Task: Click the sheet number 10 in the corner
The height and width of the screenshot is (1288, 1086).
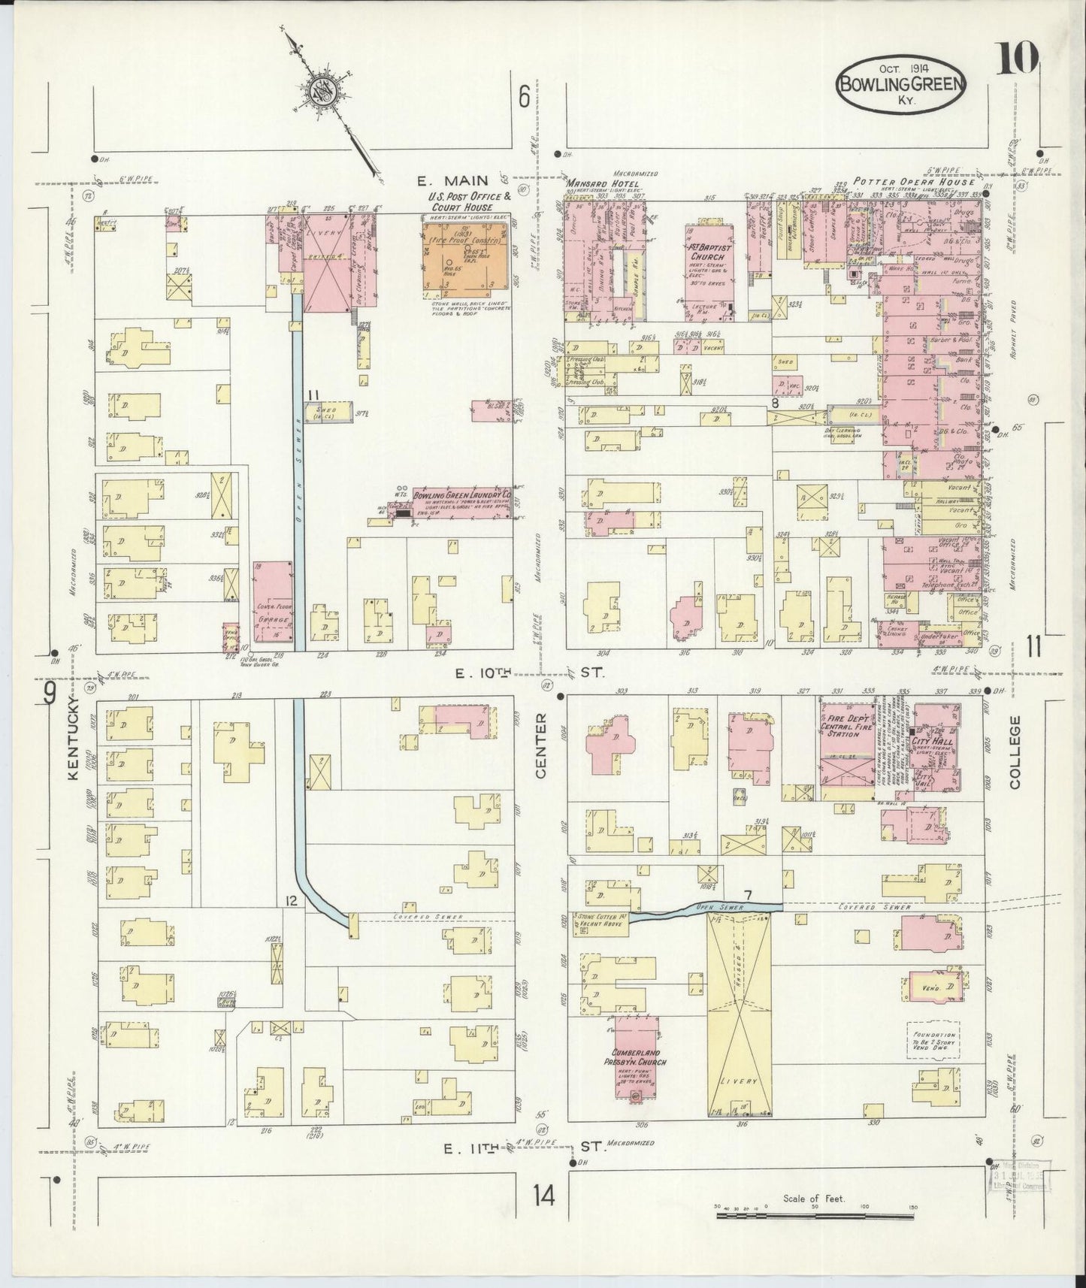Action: click(1018, 58)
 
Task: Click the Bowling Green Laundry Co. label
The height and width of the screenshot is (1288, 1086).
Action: click(461, 497)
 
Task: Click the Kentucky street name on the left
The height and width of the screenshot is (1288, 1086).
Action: click(73, 739)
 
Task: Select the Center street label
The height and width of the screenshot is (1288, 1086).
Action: click(542, 735)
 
